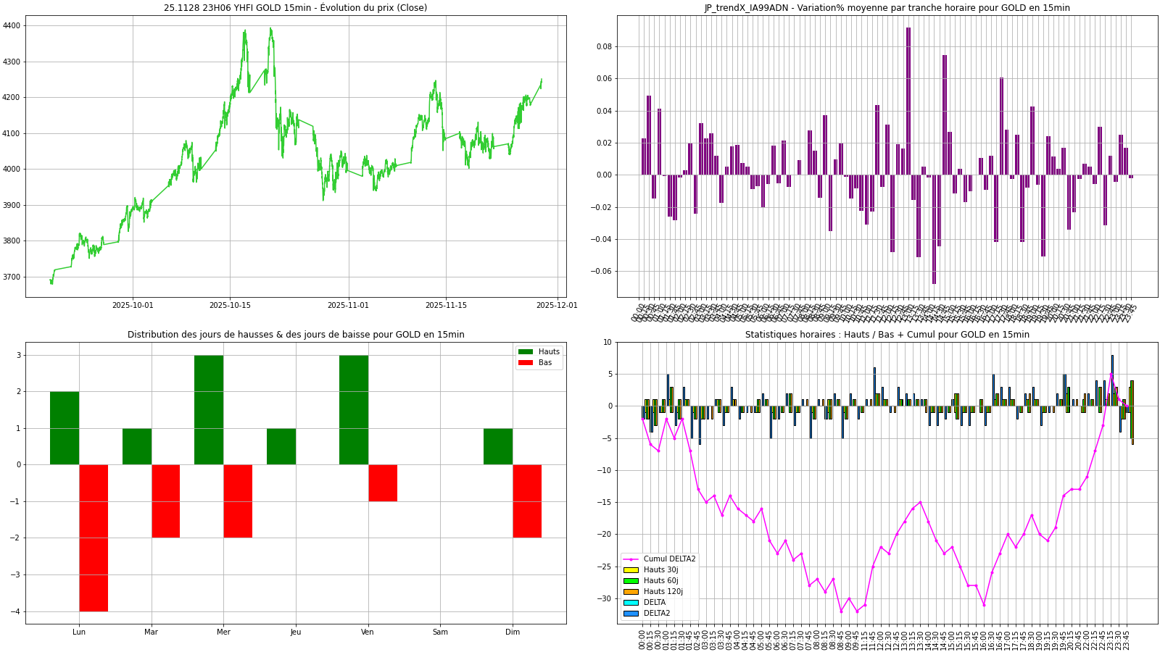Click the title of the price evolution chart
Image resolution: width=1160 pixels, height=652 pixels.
[x=295, y=8]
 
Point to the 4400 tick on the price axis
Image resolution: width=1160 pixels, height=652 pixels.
[x=12, y=25]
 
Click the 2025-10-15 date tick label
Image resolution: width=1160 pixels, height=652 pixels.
[x=230, y=306]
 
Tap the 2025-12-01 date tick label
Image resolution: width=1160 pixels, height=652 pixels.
[x=557, y=306]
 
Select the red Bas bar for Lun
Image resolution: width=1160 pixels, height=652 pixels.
[x=94, y=538]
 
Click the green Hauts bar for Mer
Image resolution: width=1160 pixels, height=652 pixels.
[x=209, y=410]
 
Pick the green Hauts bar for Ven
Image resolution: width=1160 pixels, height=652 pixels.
[x=353, y=410]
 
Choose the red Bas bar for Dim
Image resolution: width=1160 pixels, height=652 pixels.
[x=527, y=501]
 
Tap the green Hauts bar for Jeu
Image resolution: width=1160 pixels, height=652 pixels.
[x=281, y=446]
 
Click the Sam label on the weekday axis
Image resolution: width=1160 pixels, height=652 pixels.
[x=440, y=632]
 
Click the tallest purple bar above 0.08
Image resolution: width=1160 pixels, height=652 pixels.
[x=908, y=101]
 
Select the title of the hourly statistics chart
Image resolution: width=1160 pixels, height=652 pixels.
[x=887, y=335]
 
